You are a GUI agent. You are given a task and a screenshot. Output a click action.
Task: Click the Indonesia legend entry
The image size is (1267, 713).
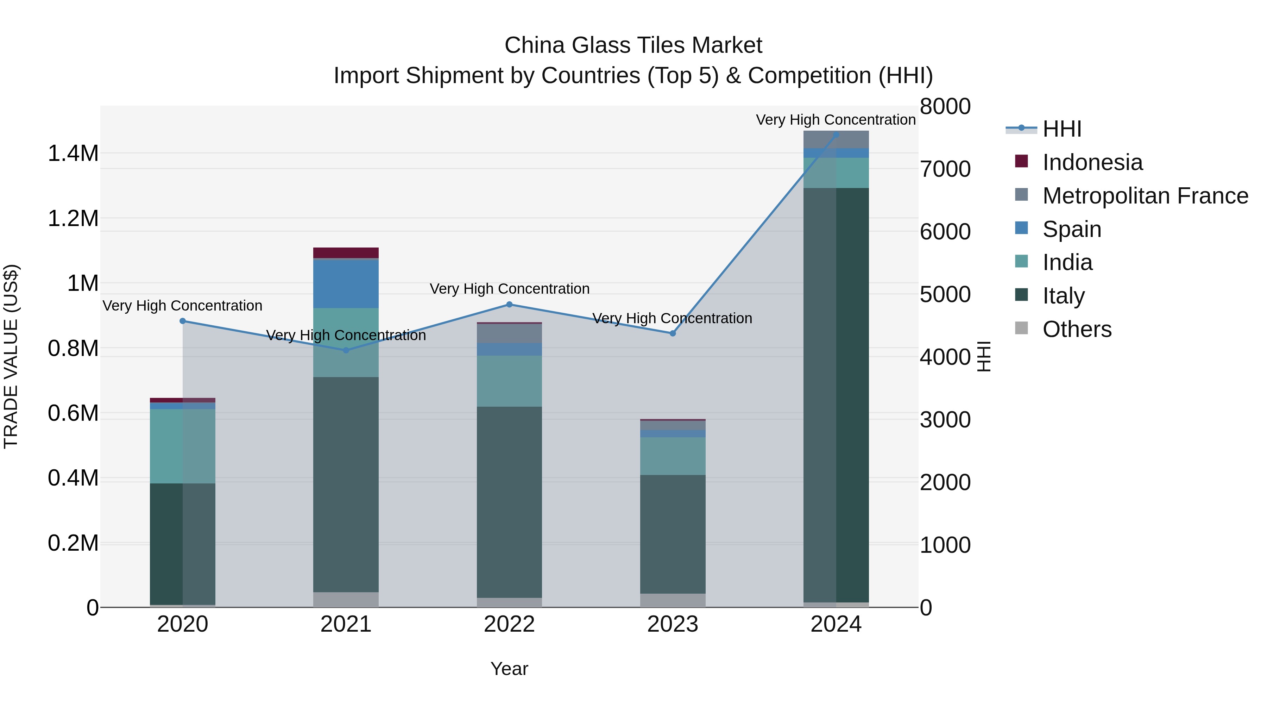coord(1092,162)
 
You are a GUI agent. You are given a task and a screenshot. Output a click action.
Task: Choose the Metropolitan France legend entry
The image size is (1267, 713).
coord(1145,196)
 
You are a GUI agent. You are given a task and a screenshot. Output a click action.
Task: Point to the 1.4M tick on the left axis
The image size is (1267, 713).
coord(73,154)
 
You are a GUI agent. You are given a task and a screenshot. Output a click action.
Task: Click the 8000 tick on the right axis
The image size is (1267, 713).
coord(945,107)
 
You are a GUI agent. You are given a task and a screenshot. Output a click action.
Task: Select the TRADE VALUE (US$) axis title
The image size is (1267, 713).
coord(11,356)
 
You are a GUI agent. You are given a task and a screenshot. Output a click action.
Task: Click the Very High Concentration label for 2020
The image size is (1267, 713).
coord(182,306)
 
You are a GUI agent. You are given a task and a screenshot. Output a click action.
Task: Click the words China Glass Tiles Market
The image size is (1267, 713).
coord(633,45)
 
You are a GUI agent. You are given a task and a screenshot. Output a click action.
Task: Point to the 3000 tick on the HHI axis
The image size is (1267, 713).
coord(945,420)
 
